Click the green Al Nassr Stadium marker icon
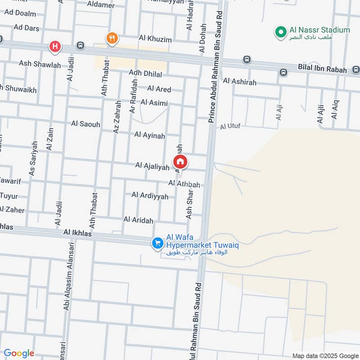pyautogui.click(x=281, y=32)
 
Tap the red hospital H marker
pyautogui.click(x=55, y=46)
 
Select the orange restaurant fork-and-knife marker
pyautogui.click(x=112, y=38)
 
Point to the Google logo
pyautogui.click(x=18, y=353)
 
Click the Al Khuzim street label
pyautogui.click(x=155, y=39)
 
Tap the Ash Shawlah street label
pyautogui.click(x=40, y=64)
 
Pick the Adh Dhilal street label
pyautogui.click(x=145, y=73)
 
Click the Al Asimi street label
pyautogui.click(x=154, y=103)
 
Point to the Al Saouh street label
pyautogui.click(x=85, y=123)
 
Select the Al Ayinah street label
pyautogui.click(x=149, y=135)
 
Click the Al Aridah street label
pyautogui.click(x=138, y=220)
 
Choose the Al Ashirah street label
pyautogui.click(x=239, y=81)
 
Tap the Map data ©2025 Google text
pyautogui.click(x=324, y=355)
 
